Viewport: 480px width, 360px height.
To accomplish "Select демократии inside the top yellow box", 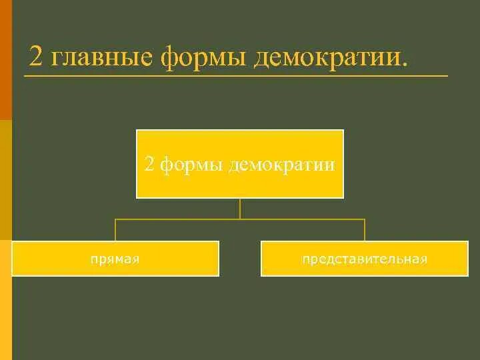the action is pos(281,165).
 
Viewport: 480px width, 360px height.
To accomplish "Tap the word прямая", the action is pos(115,259).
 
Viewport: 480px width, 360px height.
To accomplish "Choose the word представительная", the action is pos(364,259).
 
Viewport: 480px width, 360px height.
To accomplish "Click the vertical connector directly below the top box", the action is pos(240,208).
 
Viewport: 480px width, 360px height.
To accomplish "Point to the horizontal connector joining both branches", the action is pos(240,219).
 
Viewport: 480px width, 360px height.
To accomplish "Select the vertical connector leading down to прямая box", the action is pos(115,229).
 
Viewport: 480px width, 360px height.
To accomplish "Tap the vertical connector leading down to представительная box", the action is pos(365,229).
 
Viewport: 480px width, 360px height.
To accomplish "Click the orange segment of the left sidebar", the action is pos(5,60).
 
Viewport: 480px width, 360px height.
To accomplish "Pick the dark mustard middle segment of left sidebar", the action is pos(5,180).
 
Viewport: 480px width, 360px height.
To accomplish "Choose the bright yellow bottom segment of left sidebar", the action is pos(5,300).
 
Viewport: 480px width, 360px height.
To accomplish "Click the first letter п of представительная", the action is pos(305,259).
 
